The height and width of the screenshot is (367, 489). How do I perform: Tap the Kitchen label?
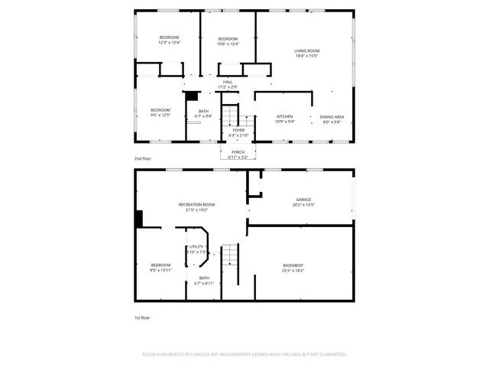coord(284,116)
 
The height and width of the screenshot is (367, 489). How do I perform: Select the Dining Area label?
coord(332,116)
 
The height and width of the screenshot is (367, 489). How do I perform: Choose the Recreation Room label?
coord(196,204)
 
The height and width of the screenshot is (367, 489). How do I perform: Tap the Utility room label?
coord(197,246)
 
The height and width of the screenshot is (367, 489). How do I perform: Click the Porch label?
coord(238,153)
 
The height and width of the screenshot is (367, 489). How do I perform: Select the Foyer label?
coord(238,130)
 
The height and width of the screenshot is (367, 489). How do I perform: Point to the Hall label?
coord(228,82)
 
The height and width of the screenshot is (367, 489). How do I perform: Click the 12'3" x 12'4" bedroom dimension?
coord(169,44)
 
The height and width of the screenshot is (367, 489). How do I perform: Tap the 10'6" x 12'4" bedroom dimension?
coord(228,44)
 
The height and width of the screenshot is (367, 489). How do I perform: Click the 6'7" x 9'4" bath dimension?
coord(204,116)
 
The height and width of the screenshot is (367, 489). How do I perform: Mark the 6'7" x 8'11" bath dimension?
coord(204,283)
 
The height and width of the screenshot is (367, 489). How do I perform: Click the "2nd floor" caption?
coord(142,158)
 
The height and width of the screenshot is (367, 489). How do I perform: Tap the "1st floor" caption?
coord(141,317)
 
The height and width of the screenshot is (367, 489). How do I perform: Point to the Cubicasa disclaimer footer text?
coord(244,355)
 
